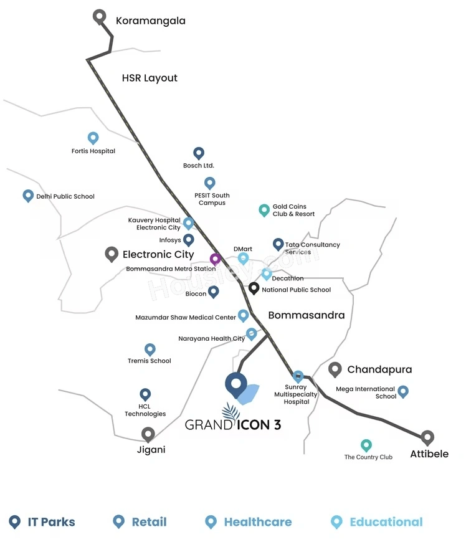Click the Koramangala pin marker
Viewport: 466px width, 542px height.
pyautogui.click(x=100, y=17)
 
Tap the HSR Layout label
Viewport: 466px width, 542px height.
pyautogui.click(x=150, y=78)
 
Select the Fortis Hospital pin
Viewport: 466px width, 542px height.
pyautogui.click(x=93, y=138)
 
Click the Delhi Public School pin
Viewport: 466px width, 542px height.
pyautogui.click(x=28, y=196)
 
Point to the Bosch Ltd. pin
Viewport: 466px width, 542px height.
pyautogui.click(x=199, y=153)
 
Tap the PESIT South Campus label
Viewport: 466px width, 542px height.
pyautogui.click(x=212, y=199)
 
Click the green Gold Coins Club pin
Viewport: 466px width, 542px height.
pyautogui.click(x=264, y=210)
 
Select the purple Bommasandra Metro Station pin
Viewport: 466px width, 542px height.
pyautogui.click(x=216, y=259)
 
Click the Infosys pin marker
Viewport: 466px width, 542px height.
pyautogui.click(x=188, y=239)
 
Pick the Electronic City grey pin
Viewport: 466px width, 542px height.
pyautogui.click(x=112, y=254)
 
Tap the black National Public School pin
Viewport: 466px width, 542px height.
pyautogui.click(x=254, y=288)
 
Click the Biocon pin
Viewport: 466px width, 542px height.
pyautogui.click(x=213, y=292)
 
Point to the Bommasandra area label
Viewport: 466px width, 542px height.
pyautogui.click(x=307, y=315)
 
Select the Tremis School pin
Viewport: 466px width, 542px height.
pyautogui.click(x=150, y=349)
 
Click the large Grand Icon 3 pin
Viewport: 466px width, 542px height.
pyautogui.click(x=236, y=385)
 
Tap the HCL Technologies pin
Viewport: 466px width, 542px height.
pyautogui.click(x=145, y=394)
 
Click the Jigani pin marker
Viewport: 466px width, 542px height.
pyautogui.click(x=148, y=434)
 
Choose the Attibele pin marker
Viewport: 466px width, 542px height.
pyautogui.click(x=427, y=437)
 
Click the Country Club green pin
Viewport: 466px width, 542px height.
pyautogui.click(x=366, y=445)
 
